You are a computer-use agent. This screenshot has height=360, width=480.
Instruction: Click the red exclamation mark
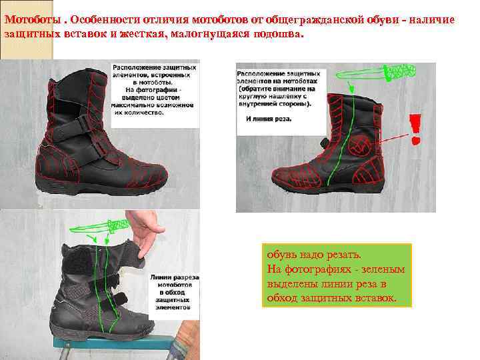pos(415,129)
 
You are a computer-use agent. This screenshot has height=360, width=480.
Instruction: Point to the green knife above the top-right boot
pos(397,72)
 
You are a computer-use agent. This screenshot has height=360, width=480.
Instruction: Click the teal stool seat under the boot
pos(100,341)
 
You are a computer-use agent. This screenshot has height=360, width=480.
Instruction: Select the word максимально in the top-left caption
pos(135,105)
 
